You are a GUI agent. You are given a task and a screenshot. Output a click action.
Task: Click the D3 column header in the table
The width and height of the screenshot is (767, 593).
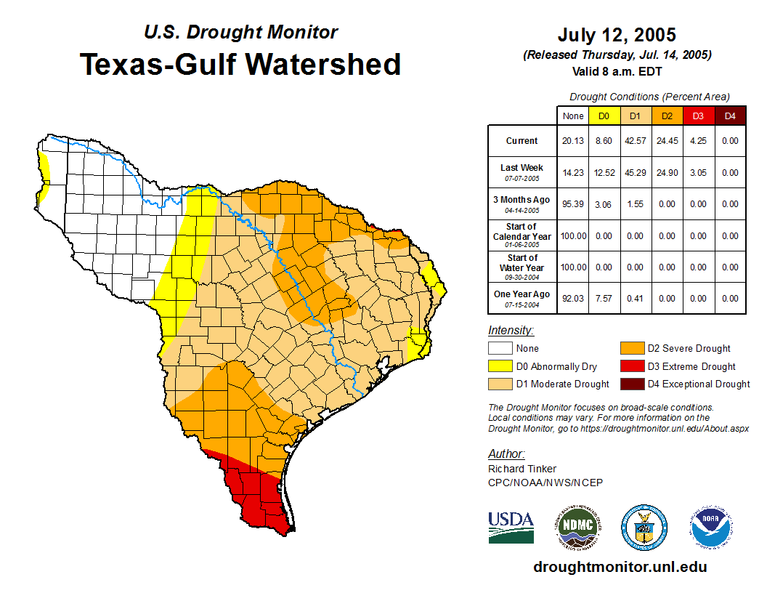(x=698, y=116)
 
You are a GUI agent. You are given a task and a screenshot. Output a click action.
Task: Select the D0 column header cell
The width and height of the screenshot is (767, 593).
(x=604, y=116)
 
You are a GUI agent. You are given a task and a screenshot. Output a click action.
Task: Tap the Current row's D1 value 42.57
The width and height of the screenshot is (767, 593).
(x=635, y=141)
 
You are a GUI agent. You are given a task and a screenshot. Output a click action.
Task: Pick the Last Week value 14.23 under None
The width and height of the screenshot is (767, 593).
(x=573, y=173)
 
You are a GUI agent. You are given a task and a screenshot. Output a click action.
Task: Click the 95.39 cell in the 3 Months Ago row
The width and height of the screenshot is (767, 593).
(x=573, y=204)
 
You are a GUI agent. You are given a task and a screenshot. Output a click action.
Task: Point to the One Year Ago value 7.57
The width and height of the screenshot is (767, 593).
(x=604, y=298)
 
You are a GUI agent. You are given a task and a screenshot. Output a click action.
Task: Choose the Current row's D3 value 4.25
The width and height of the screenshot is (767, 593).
(x=698, y=141)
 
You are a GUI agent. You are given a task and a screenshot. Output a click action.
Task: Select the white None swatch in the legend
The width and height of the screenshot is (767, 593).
(x=500, y=348)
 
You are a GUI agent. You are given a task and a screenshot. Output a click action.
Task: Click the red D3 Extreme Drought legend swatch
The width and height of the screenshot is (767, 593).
(x=631, y=366)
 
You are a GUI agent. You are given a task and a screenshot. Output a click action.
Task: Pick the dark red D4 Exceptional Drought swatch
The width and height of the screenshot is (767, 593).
(x=631, y=384)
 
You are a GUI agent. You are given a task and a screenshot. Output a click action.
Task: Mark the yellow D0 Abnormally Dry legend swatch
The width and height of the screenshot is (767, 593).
(x=500, y=366)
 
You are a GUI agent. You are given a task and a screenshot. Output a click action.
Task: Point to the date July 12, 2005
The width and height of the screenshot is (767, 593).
(x=617, y=35)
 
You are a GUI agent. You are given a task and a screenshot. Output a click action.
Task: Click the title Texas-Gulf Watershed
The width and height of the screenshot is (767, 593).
(x=240, y=64)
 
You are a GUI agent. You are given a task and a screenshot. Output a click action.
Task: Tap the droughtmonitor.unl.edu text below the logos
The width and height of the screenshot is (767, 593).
(x=620, y=567)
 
